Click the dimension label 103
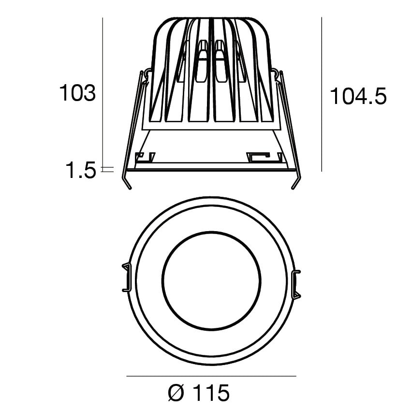click(77, 93)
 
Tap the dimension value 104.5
click(358, 97)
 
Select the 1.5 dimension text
click(81, 170)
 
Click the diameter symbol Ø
click(176, 394)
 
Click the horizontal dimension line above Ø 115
click(211, 376)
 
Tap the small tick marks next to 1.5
click(107, 170)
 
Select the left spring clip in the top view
click(126, 278)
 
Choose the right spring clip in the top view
click(296, 283)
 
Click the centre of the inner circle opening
click(211, 280)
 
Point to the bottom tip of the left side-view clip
click(129, 188)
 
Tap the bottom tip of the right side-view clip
click(293, 188)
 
